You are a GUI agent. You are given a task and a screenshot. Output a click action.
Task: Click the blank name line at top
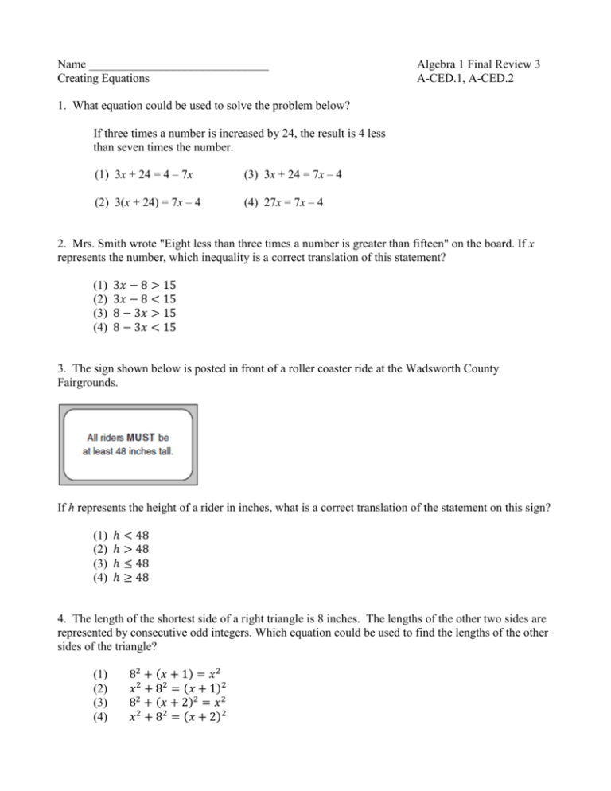click(x=178, y=64)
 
